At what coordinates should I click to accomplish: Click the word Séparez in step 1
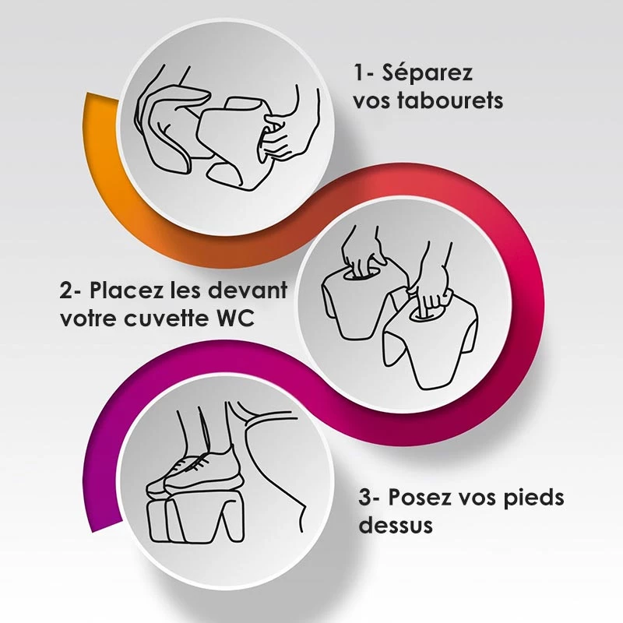tap(427, 73)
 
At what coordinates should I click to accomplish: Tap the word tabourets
tap(450, 101)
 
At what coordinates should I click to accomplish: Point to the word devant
tap(248, 290)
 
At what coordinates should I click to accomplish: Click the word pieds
tap(534, 498)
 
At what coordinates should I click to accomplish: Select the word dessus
tap(396, 524)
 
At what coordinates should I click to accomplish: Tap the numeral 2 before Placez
tap(66, 290)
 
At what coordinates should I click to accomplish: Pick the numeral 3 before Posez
tap(364, 498)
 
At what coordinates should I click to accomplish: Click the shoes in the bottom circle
tap(195, 473)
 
